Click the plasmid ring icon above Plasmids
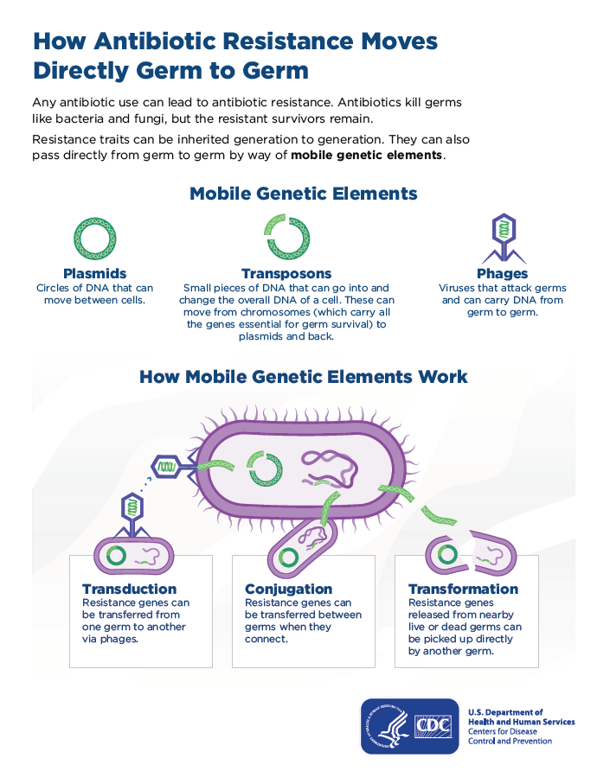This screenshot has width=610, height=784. pyautogui.click(x=95, y=239)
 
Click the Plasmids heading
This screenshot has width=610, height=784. pyautogui.click(x=95, y=274)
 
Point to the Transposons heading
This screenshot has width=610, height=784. pyautogui.click(x=286, y=274)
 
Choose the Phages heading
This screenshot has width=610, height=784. pyautogui.click(x=502, y=274)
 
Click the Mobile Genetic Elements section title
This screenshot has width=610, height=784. pyautogui.click(x=304, y=194)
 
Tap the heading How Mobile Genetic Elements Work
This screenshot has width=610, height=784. pyautogui.click(x=304, y=377)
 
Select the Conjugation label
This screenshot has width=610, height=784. pyautogui.click(x=288, y=590)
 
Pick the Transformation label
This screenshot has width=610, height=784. pyautogui.click(x=463, y=590)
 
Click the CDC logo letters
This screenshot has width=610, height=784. pyautogui.click(x=433, y=725)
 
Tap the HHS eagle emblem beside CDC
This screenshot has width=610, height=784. pyautogui.click(x=387, y=726)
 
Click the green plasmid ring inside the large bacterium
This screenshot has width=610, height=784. pyautogui.click(x=264, y=468)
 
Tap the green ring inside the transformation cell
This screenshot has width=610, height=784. pyautogui.click(x=447, y=553)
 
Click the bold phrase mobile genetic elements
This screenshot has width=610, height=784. pyautogui.click(x=367, y=156)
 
